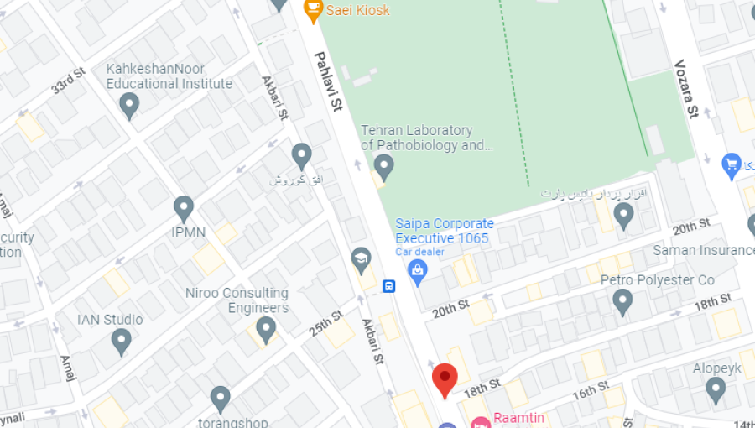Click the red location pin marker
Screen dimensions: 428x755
445,379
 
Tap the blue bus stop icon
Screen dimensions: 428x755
389,286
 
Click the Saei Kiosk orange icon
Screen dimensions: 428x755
313,10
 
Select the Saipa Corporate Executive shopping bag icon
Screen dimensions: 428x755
417,269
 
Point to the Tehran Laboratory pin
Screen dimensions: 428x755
384,166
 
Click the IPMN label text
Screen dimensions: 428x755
189,232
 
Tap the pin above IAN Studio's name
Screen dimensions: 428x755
122,340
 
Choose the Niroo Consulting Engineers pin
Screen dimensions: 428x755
266,328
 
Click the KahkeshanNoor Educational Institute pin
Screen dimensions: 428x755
129,105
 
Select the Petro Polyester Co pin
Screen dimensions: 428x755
622,300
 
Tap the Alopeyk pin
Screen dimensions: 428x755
716,389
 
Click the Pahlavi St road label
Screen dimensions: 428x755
330,81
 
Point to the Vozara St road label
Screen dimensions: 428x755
686,89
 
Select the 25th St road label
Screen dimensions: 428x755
325,324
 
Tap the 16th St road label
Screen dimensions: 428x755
591,391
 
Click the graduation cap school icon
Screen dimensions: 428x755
362,258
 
